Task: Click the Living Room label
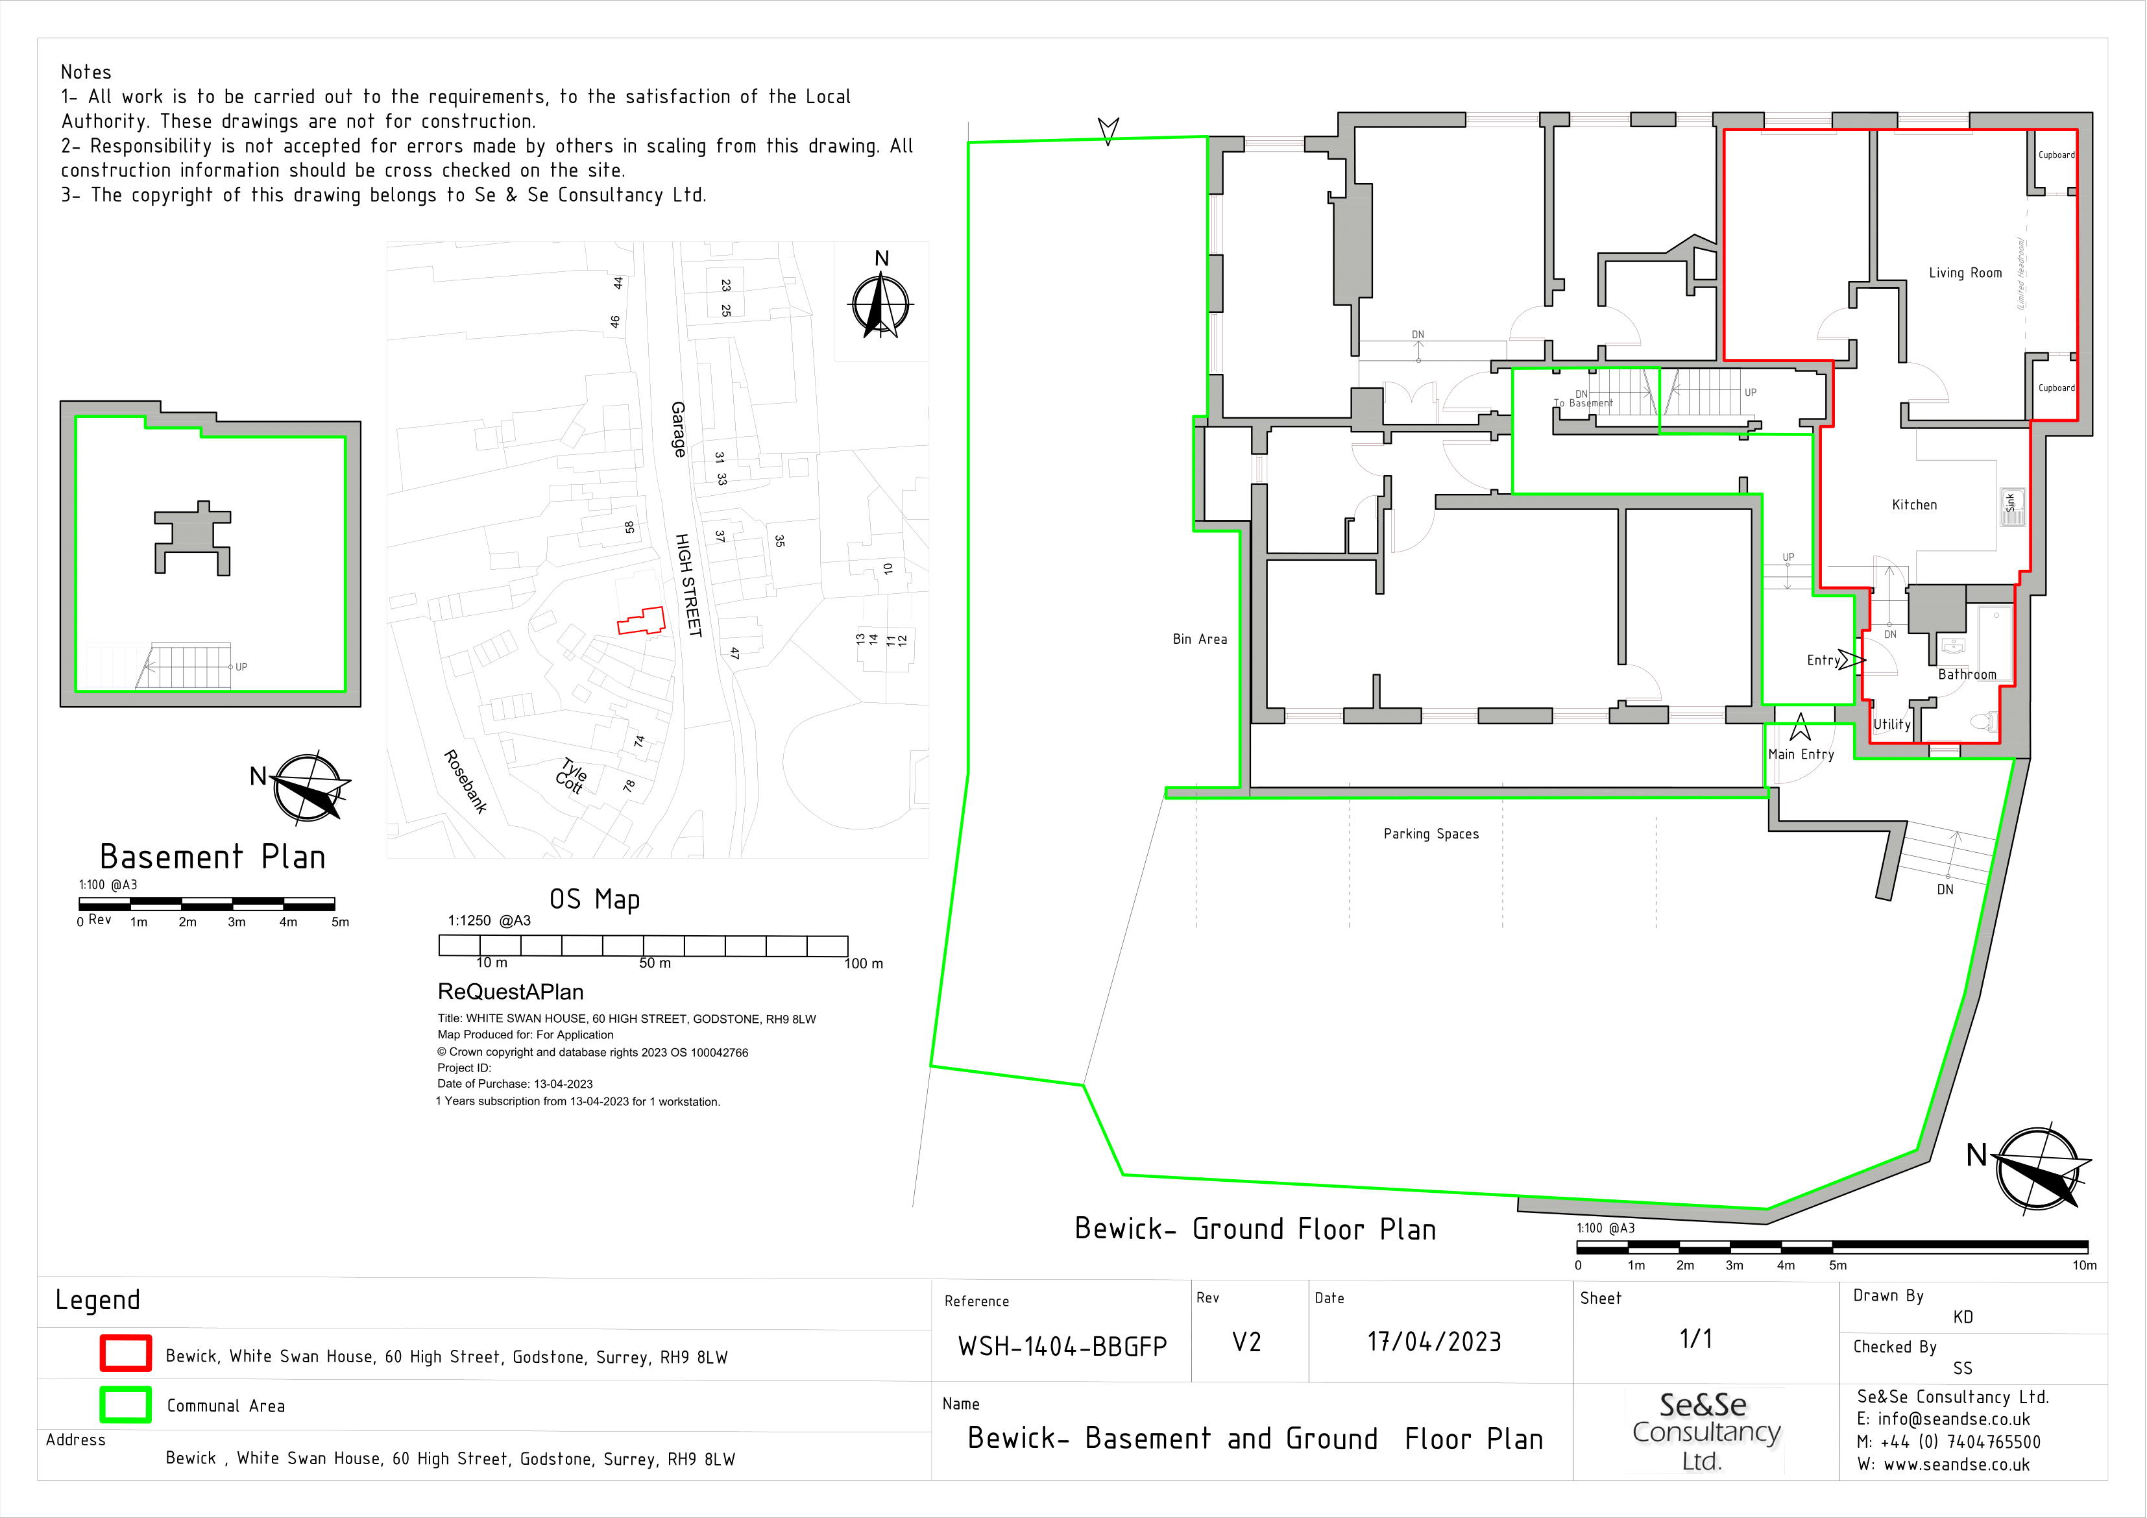tap(1965, 273)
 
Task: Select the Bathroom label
tap(1967, 674)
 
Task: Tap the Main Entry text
tap(1801, 755)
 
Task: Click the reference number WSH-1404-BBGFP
tap(1062, 1347)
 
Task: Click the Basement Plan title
tap(213, 857)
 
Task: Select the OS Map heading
tap(595, 900)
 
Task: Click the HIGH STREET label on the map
tap(688, 585)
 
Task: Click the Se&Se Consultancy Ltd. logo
tap(1706, 1431)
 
